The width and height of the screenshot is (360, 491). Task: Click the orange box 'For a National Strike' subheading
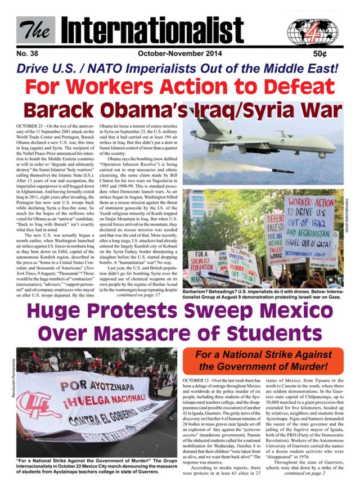pyautogui.click(x=269, y=360)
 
